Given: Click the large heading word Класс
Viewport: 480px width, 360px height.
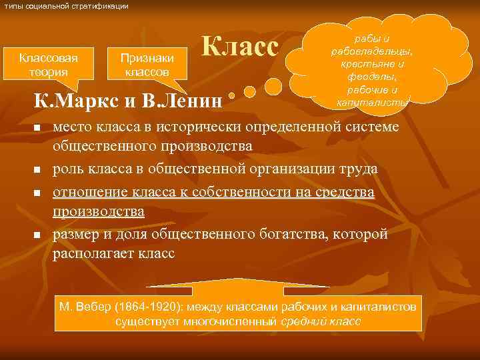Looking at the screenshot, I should (239, 47).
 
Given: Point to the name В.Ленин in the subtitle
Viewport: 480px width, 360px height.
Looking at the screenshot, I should (182, 102).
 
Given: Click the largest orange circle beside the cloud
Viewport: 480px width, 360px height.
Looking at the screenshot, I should (273, 87).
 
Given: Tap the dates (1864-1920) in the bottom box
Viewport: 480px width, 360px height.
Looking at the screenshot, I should (137, 307).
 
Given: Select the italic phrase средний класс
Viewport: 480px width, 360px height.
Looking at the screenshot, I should (320, 321).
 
